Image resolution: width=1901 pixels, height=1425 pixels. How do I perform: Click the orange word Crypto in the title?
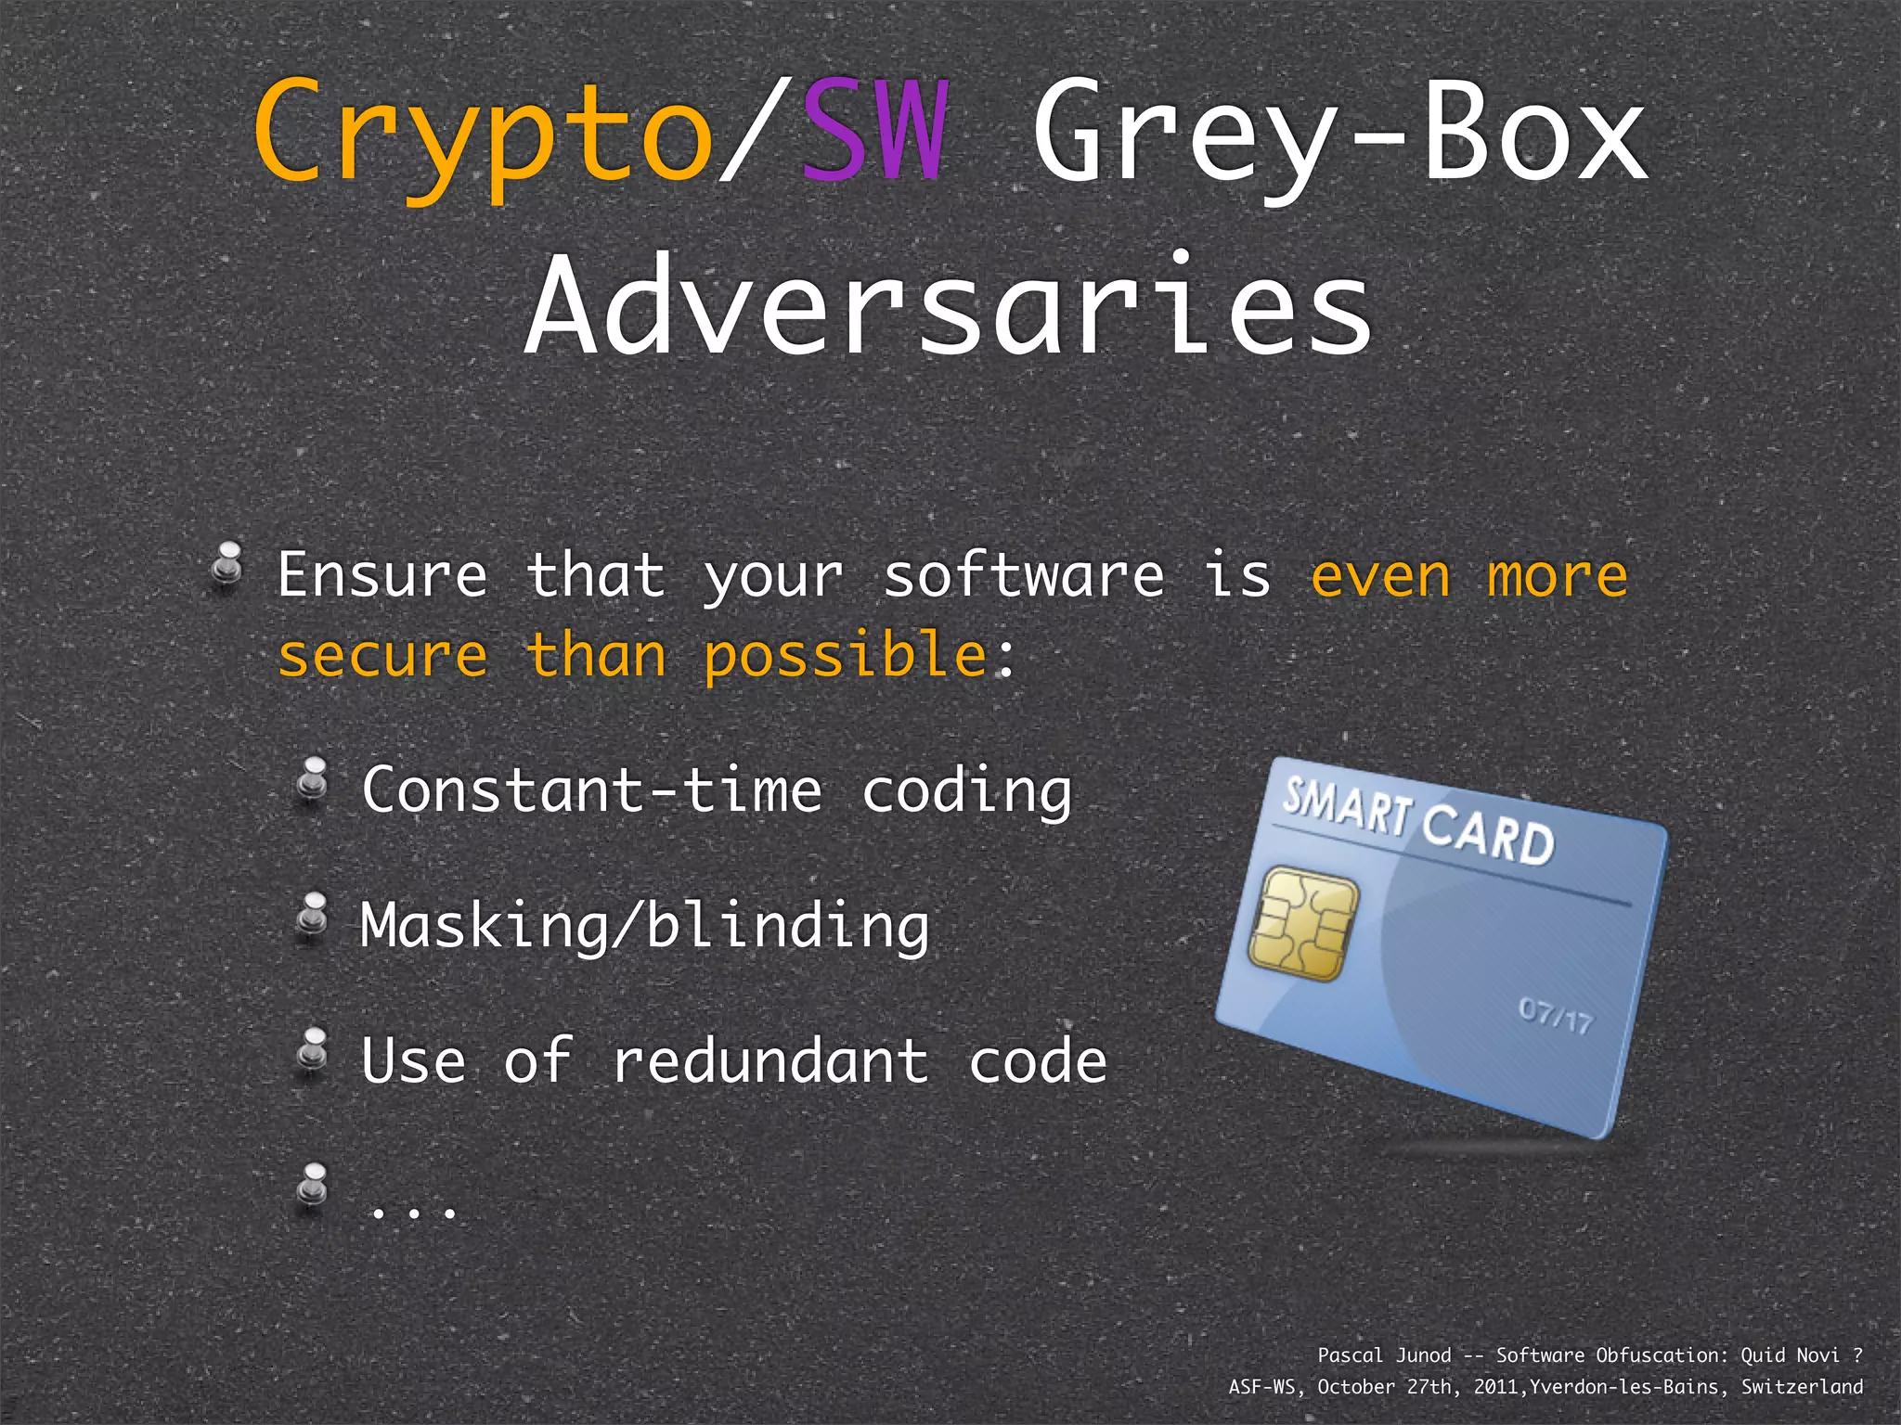tap(483, 135)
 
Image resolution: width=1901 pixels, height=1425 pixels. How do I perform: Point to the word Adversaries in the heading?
tap(948, 306)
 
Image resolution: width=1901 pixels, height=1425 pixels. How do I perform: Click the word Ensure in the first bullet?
tap(382, 575)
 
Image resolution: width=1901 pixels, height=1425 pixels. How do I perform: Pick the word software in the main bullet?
tap(1023, 575)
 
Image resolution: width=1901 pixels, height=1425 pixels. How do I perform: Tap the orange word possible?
tap(845, 657)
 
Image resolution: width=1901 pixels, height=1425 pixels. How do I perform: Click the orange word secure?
tap(382, 657)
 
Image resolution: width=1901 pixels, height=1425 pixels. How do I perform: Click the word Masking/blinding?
tap(644, 926)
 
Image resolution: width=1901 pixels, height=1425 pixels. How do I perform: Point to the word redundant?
tap(769, 1060)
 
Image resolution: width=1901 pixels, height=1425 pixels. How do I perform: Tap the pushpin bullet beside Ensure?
tap(226, 564)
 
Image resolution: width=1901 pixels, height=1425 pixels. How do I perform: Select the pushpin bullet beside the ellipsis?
tap(313, 1187)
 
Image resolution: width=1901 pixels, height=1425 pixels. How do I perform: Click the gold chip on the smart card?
tap(1302, 923)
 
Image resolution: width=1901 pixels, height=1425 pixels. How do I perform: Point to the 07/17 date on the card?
tap(1556, 1016)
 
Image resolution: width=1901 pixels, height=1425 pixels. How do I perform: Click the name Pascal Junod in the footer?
tap(1384, 1355)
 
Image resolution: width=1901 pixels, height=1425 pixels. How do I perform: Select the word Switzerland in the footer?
tap(1802, 1387)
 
